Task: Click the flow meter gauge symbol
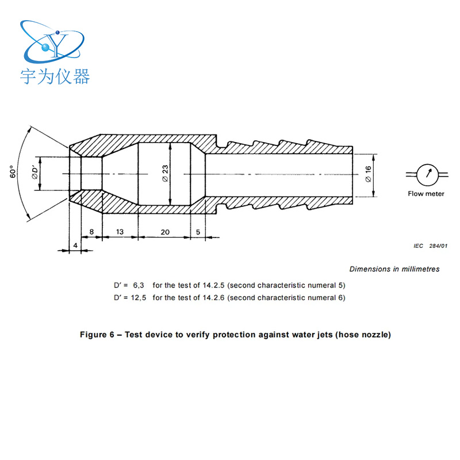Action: pyautogui.click(x=426, y=174)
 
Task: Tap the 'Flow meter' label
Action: pyautogui.click(x=426, y=194)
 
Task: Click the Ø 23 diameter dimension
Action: pyautogui.click(x=166, y=173)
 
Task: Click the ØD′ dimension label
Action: pyautogui.click(x=36, y=173)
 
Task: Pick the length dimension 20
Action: pyautogui.click(x=165, y=232)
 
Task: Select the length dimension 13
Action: pyautogui.click(x=120, y=232)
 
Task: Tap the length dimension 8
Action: pyautogui.click(x=91, y=232)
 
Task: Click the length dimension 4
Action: pyautogui.click(x=75, y=246)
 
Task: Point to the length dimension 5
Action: pyautogui.click(x=198, y=232)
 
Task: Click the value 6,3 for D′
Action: pyautogui.click(x=139, y=285)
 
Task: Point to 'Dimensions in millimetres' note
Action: pyautogui.click(x=394, y=269)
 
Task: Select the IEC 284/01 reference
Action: pyautogui.click(x=430, y=246)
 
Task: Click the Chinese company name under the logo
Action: pyautogui.click(x=55, y=76)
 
